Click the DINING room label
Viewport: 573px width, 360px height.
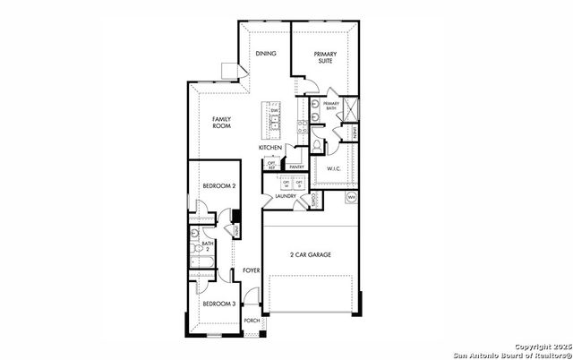[266, 54]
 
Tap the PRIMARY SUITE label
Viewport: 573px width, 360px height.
[325, 58]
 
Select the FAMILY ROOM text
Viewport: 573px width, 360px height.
[222, 123]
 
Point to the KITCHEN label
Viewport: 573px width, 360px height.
[270, 147]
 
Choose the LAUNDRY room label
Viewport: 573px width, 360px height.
[286, 195]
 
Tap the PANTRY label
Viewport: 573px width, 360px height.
[297, 166]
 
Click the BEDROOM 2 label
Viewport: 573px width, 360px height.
[218, 185]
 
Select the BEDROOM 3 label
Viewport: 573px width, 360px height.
[218, 304]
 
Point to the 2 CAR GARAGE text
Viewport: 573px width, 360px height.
[311, 255]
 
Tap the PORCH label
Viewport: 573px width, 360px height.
[252, 320]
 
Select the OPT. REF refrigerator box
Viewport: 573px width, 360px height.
[271, 164]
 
